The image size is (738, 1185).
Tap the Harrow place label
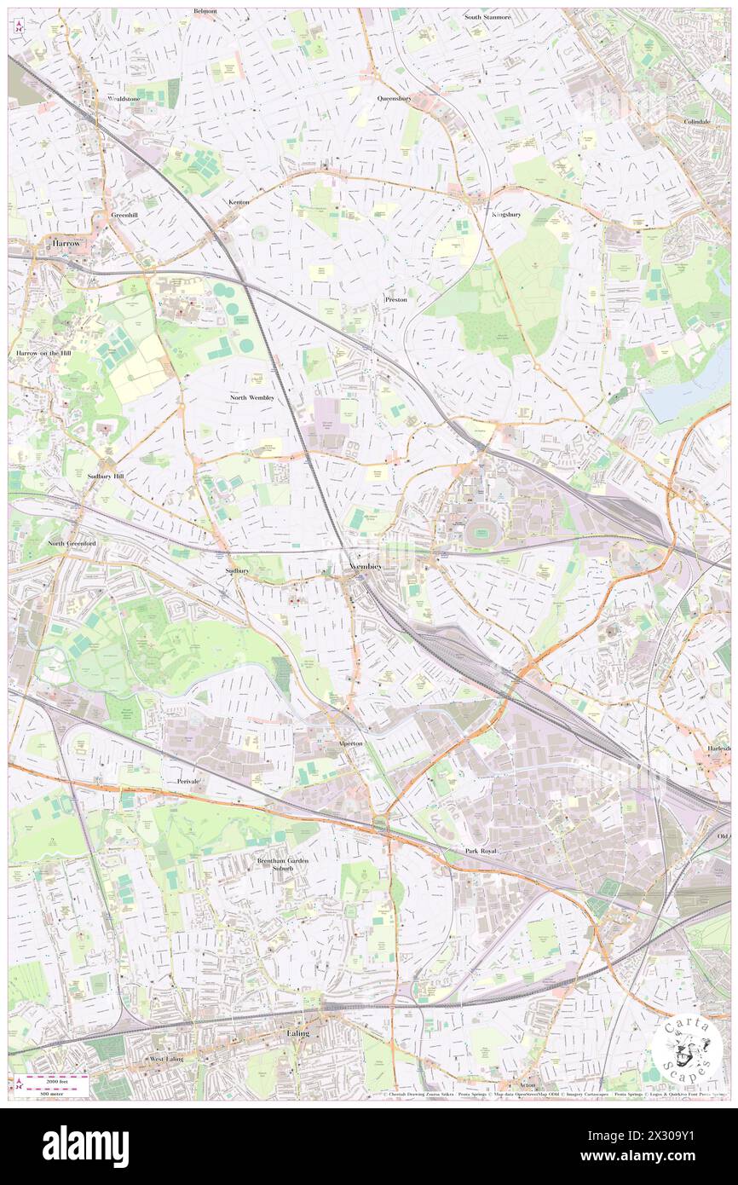click(66, 243)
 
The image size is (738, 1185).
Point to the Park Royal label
click(481, 852)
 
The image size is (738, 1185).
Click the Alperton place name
click(349, 743)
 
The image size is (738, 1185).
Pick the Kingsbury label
click(506, 214)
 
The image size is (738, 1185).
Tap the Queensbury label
click(395, 98)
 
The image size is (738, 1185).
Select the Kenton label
click(239, 202)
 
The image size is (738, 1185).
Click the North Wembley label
click(252, 398)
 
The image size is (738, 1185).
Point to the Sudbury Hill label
click(107, 477)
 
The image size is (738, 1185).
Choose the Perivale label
click(188, 781)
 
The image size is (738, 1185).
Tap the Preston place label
click(395, 300)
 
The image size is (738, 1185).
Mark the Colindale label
click(696, 121)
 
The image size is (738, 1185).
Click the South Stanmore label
click(487, 16)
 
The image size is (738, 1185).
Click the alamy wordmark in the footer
click(85, 1145)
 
